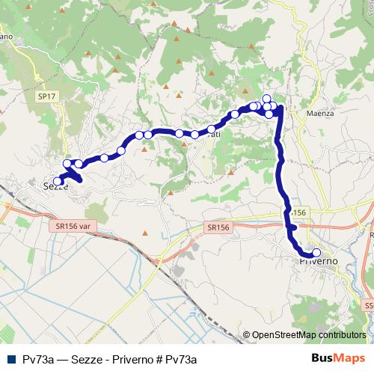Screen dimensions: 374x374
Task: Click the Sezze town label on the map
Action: (x=56, y=186)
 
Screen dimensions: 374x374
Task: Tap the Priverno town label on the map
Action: (x=319, y=261)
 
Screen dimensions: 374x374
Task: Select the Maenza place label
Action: (x=320, y=114)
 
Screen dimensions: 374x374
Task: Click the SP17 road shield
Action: (x=47, y=96)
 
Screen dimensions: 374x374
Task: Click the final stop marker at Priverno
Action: (x=316, y=253)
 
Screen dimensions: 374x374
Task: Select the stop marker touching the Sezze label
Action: (x=58, y=181)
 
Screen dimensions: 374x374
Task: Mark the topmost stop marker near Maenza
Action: (x=266, y=99)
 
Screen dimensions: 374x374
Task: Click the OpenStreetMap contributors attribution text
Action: (x=308, y=336)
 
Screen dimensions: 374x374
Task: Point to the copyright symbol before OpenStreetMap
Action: (x=246, y=336)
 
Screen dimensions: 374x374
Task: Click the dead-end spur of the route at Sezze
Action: (x=76, y=177)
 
